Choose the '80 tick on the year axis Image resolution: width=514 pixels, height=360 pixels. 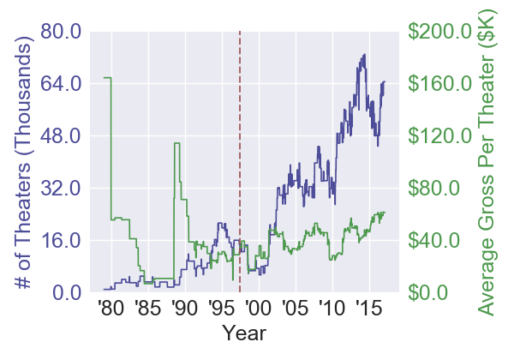coord(110,309)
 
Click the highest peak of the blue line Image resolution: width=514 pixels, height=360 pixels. coord(365,55)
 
